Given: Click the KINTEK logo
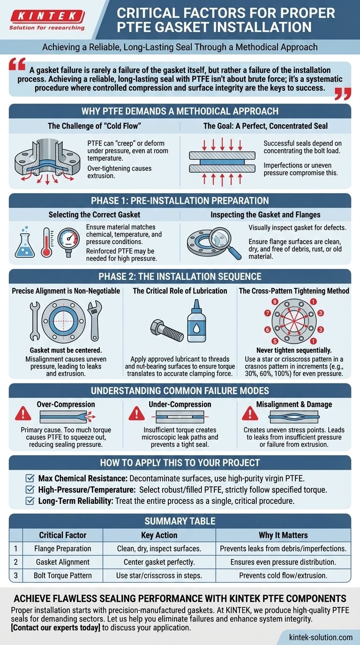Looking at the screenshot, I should point(47,17).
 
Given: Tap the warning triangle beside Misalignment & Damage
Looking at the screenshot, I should point(250,414).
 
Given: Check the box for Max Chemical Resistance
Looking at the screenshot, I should point(29,478).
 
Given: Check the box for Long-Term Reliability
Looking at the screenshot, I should point(29,501).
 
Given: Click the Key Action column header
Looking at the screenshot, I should point(159,535).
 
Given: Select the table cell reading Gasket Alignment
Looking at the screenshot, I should point(63,562).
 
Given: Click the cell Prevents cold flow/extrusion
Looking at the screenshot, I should point(283,575).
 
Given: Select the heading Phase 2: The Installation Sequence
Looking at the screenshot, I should point(180,276).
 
